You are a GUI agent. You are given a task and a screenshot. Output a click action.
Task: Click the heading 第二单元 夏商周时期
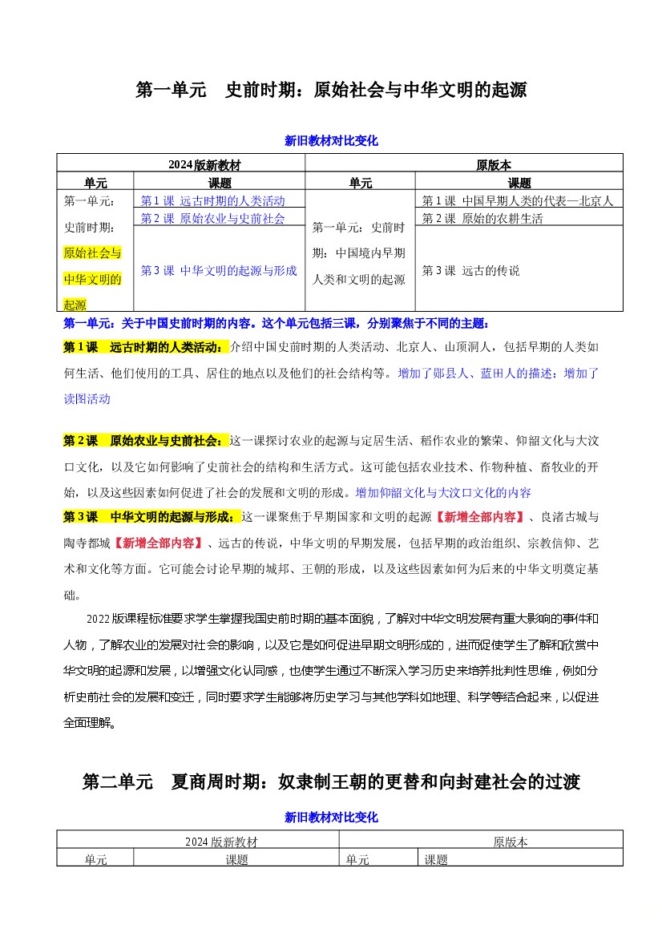[x=331, y=782]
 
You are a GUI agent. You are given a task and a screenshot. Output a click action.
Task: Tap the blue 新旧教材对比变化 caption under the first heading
[x=331, y=141]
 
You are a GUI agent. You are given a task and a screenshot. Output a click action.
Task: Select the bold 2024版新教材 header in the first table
[x=204, y=165]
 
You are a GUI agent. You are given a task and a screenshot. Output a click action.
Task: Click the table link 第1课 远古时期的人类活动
[x=212, y=200]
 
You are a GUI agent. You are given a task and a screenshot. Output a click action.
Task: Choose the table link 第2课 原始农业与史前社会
[x=212, y=218]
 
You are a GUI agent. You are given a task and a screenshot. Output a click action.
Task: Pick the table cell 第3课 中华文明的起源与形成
[x=219, y=270]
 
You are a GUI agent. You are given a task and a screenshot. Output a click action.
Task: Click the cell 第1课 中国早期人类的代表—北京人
[x=518, y=200]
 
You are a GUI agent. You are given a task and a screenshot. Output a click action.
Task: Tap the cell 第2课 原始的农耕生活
[x=482, y=218]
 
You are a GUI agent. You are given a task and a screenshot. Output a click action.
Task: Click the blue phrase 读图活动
[x=87, y=398]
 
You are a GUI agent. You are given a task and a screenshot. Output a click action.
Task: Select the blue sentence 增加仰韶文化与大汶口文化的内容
[x=443, y=492]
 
